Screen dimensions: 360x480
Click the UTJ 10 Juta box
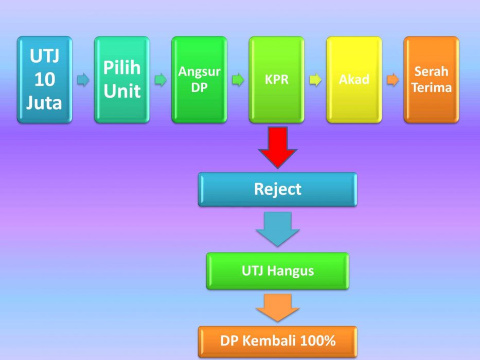[x=44, y=80]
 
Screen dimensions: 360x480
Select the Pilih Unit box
[x=122, y=80]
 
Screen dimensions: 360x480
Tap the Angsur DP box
[x=199, y=80]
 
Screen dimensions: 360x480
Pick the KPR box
[x=277, y=80]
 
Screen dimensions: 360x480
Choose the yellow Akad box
[x=354, y=80]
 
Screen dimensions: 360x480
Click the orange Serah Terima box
[x=431, y=80]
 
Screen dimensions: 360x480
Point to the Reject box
[x=277, y=189]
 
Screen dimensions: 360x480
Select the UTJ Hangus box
[x=277, y=271]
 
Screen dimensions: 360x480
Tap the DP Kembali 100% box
[x=277, y=341]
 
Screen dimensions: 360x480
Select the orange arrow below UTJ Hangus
[x=278, y=307]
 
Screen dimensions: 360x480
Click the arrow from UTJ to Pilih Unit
[x=83, y=80]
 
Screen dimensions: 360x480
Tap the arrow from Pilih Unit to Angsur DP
[x=161, y=80]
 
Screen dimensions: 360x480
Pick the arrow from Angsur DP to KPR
[x=238, y=80]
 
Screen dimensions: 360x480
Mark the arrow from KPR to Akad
[x=315, y=80]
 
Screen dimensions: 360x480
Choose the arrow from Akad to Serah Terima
[x=393, y=80]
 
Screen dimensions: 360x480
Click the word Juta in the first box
[x=45, y=102]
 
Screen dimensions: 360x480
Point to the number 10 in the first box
[x=45, y=80]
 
